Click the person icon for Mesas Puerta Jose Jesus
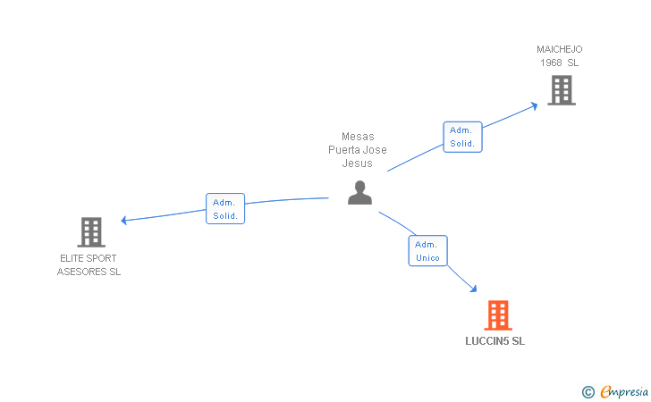(x=359, y=193)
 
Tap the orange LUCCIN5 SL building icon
(x=497, y=314)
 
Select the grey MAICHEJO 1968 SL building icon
(x=561, y=89)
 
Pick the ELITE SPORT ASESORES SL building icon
(x=90, y=232)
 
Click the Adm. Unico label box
(x=427, y=251)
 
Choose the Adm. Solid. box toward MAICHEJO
(x=462, y=137)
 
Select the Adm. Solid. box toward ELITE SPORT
(x=224, y=209)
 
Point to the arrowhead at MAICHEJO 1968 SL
(x=534, y=105)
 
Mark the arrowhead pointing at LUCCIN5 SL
(x=473, y=289)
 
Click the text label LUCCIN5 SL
(x=495, y=341)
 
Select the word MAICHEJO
(x=560, y=49)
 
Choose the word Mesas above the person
(x=358, y=137)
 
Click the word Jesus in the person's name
(x=357, y=163)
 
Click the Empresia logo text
(x=624, y=391)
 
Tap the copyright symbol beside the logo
(x=588, y=391)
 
